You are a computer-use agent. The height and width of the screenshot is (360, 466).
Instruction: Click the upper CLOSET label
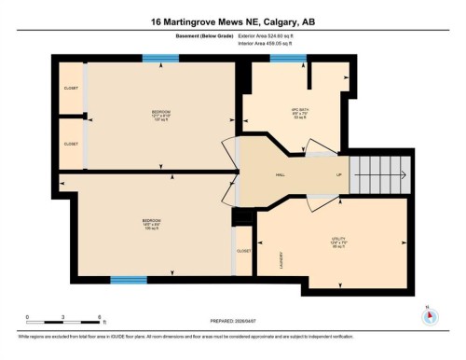click(72, 89)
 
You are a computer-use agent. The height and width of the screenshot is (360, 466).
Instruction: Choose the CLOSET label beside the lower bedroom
click(243, 251)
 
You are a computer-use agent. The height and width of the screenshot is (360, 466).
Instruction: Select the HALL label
click(281, 174)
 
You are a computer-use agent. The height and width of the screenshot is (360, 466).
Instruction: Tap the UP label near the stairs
click(339, 174)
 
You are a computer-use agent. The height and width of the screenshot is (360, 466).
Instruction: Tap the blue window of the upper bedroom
click(160, 58)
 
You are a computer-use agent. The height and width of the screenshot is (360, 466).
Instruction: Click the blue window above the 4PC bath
click(288, 58)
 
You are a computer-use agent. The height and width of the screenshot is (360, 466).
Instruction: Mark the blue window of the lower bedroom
click(129, 280)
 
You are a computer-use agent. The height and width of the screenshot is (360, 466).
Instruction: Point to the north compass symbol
click(430, 314)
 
